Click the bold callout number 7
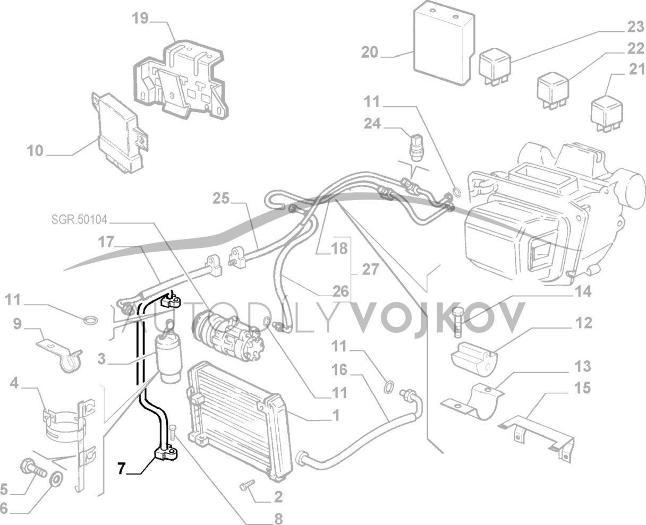coord(121,468)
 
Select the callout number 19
coord(140,19)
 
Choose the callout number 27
coord(370,270)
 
